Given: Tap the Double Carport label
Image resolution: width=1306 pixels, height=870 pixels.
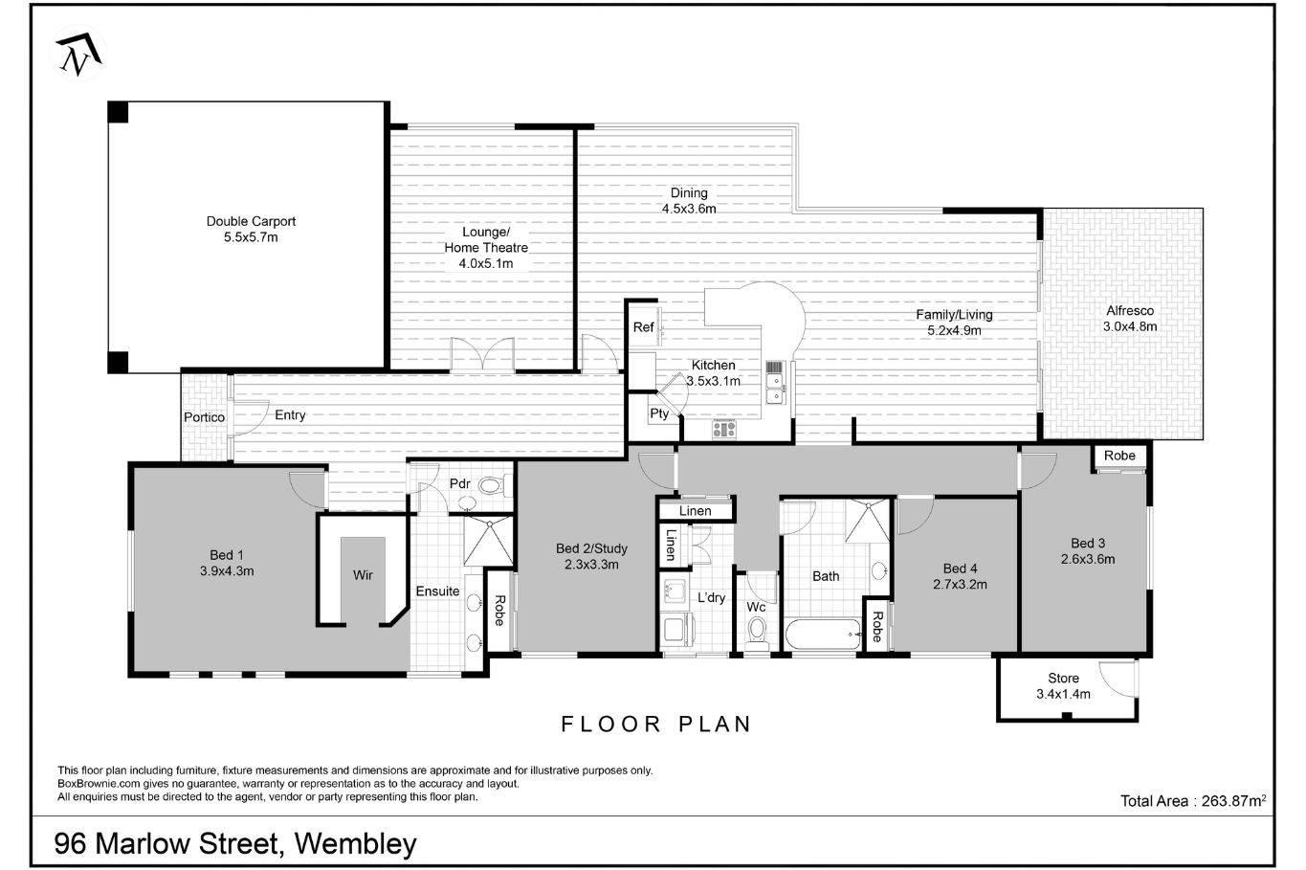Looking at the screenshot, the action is click(251, 222).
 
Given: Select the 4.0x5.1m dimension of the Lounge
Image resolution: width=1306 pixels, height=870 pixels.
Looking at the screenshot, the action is click(486, 263).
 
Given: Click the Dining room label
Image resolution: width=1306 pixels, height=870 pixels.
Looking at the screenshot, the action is click(689, 193).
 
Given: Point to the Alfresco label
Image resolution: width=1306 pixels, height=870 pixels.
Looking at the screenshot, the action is click(1130, 311).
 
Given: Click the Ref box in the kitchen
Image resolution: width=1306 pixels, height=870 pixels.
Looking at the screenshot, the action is click(643, 327).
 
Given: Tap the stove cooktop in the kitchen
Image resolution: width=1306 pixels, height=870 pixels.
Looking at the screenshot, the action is click(724, 429).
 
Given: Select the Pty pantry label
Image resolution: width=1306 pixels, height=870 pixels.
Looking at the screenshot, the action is click(659, 413).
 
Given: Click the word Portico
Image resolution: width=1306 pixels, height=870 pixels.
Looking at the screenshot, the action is click(204, 417).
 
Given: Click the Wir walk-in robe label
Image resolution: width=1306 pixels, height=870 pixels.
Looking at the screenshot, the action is click(363, 575).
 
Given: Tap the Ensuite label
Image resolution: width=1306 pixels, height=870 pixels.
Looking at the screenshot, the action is click(437, 591).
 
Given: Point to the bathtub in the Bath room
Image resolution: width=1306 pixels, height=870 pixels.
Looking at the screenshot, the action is click(823, 635).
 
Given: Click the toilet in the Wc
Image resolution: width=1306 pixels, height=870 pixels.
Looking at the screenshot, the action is click(757, 631).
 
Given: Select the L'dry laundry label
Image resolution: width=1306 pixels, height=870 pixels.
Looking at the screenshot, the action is click(711, 597).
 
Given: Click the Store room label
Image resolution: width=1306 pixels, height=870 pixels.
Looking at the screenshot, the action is click(1064, 679).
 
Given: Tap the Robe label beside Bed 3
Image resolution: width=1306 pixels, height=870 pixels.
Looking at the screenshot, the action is click(1119, 456).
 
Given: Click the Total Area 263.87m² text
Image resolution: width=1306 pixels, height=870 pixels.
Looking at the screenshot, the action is click(1193, 800).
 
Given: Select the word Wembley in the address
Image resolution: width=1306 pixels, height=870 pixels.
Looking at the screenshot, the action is click(356, 844).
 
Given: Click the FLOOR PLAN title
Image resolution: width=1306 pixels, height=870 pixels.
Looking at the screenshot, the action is click(656, 725).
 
